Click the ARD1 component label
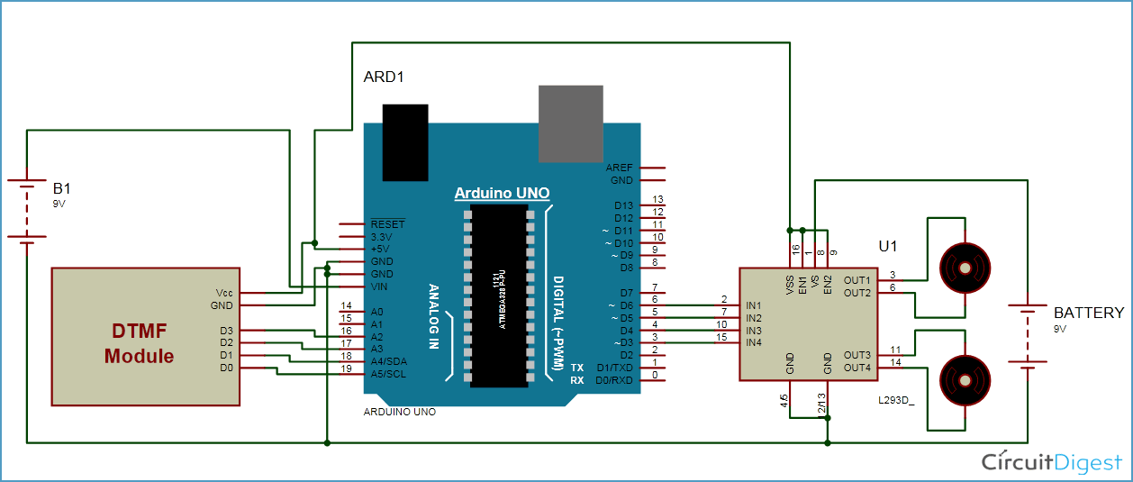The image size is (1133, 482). click(383, 77)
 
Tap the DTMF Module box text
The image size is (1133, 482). click(139, 344)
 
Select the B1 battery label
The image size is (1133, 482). click(61, 189)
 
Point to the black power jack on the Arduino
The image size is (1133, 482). click(404, 142)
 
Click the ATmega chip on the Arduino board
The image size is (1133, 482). click(497, 293)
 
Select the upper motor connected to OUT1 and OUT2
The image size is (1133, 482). click(965, 268)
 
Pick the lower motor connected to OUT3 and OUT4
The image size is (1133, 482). click(965, 379)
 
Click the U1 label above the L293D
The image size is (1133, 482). click(888, 246)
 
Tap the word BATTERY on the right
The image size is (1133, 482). click(1088, 314)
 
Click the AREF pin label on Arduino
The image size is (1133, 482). click(621, 168)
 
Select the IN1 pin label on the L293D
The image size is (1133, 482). click(754, 305)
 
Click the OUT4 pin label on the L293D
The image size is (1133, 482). click(857, 368)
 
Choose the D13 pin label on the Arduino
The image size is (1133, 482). click(624, 206)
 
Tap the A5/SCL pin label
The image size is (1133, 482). click(389, 374)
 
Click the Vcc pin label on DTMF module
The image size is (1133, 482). click(224, 294)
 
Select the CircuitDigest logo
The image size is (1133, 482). click(1051, 462)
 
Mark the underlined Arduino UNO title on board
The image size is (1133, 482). click(502, 194)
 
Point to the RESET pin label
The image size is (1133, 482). click(387, 224)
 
